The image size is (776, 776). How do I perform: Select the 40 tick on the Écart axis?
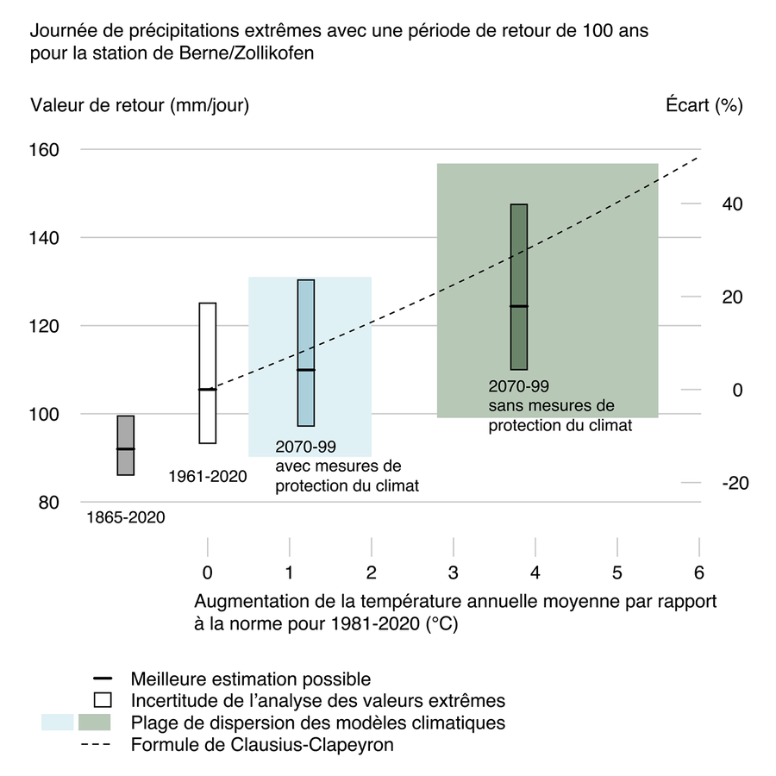pyautogui.click(x=731, y=204)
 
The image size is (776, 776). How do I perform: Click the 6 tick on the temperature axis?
pyautogui.click(x=699, y=572)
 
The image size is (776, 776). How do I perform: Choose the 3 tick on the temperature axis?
pyautogui.click(x=454, y=572)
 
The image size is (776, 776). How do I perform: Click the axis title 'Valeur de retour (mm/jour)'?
pyautogui.click(x=140, y=106)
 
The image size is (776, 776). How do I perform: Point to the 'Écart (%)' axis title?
pyautogui.click(x=704, y=106)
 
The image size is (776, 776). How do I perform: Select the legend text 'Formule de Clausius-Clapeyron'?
pyautogui.click(x=262, y=743)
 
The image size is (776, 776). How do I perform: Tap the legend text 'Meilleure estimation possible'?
pyautogui.click(x=251, y=679)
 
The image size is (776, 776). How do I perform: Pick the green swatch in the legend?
pyautogui.click(x=95, y=722)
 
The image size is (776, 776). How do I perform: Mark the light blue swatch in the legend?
pyautogui.click(x=57, y=722)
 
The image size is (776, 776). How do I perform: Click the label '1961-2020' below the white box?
pyautogui.click(x=208, y=476)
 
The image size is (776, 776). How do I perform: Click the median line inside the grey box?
pyautogui.click(x=126, y=449)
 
